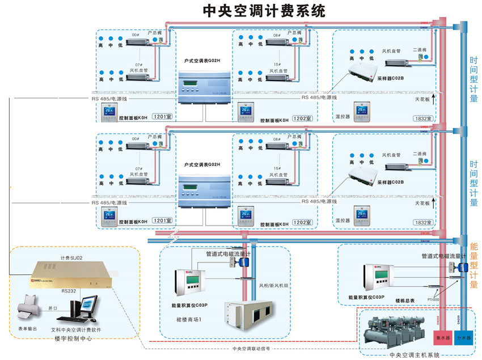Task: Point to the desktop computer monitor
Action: [x=79, y=309]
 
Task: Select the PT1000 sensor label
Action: [x=433, y=299]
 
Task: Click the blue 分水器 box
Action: [x=464, y=338]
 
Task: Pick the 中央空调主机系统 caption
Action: [x=415, y=355]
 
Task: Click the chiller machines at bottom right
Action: [x=394, y=332]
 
